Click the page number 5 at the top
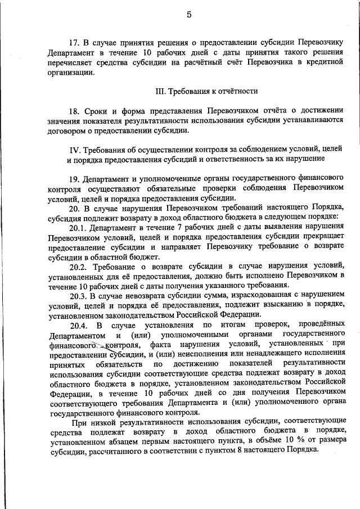point(189,15)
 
